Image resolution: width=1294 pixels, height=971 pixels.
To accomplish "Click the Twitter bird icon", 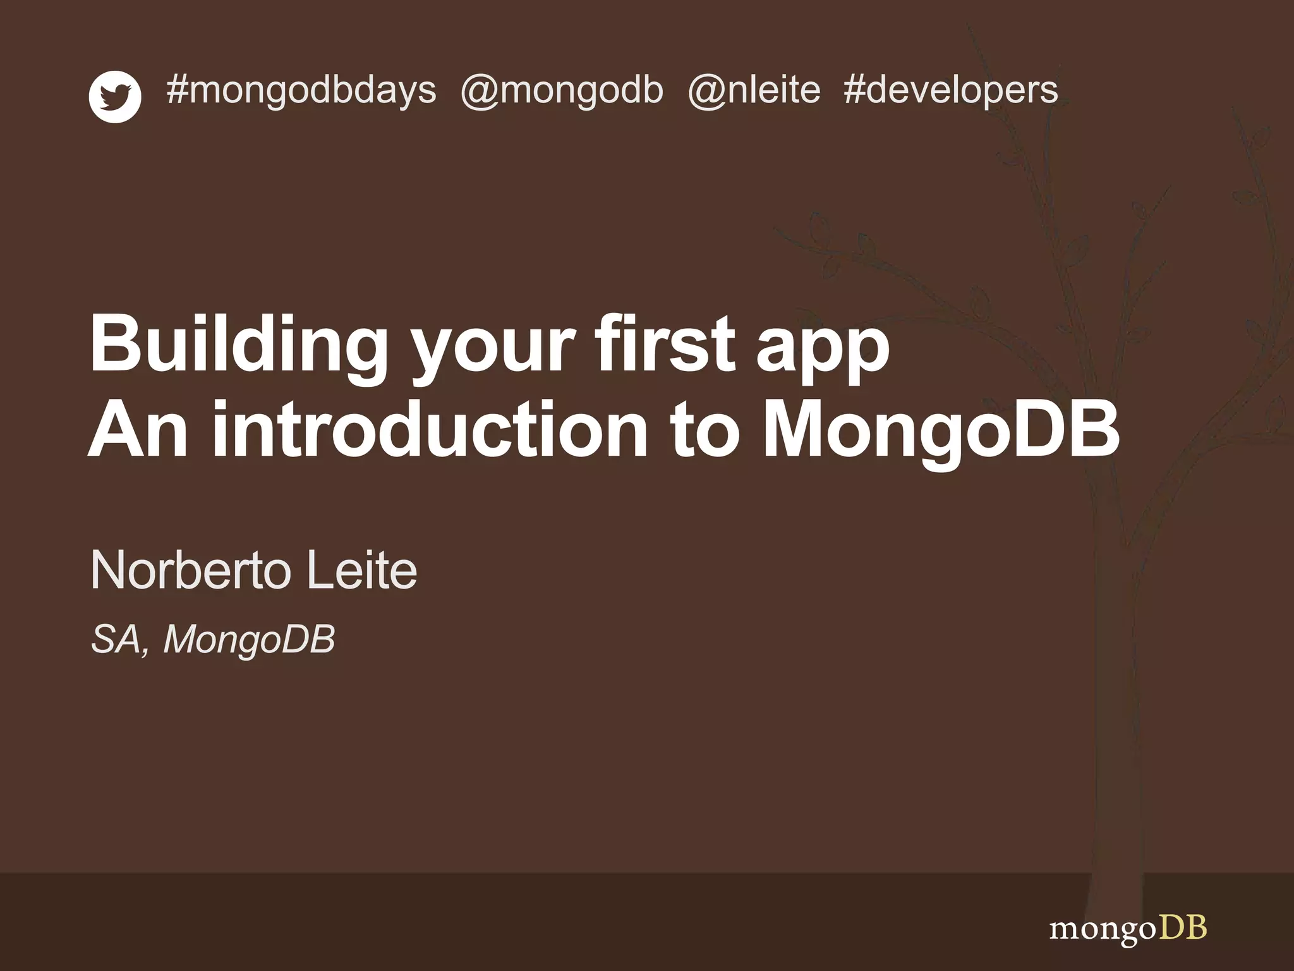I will point(115,97).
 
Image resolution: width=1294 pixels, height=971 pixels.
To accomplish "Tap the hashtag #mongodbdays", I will point(301,90).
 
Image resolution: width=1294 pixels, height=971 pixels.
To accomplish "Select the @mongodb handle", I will point(562,90).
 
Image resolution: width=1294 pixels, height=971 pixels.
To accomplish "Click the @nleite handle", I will point(754,90).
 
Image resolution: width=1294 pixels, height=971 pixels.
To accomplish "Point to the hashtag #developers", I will point(950,90).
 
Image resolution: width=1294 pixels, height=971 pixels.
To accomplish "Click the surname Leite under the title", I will point(361,570).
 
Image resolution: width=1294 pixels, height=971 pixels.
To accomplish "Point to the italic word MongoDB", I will point(249,640).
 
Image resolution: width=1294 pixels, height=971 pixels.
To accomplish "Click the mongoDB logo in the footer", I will point(1128,929).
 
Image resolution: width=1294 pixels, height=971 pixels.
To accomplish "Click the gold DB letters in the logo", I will point(1183,928).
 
